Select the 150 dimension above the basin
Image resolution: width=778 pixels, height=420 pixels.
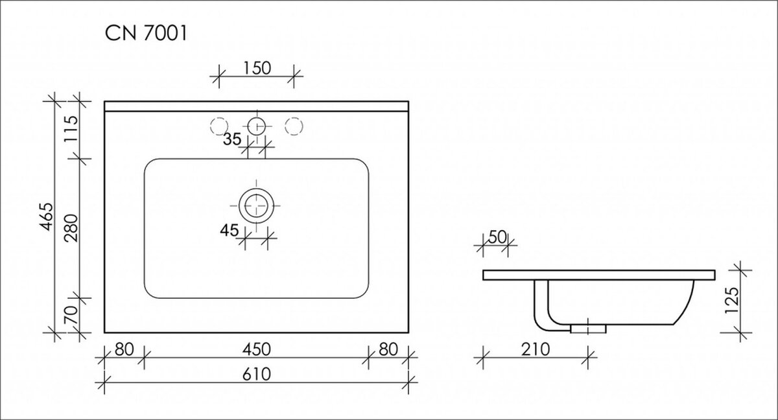point(256,68)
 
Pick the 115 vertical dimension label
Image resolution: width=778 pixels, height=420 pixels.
point(71,128)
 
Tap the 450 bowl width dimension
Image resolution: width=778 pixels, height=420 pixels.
point(257,349)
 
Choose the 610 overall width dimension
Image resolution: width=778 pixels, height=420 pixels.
point(257,374)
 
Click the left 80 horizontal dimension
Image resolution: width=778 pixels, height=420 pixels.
point(124,349)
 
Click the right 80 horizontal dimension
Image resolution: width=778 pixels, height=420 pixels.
point(388,349)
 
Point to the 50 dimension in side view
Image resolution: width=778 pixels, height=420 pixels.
point(497,237)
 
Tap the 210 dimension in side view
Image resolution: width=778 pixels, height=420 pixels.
point(536,349)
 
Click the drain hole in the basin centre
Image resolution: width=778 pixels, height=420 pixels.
point(257,206)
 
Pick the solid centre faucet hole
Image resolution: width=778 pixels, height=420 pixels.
point(257,126)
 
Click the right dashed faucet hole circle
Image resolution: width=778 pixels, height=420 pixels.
point(294,126)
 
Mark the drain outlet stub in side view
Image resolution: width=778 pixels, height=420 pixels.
point(589,327)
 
